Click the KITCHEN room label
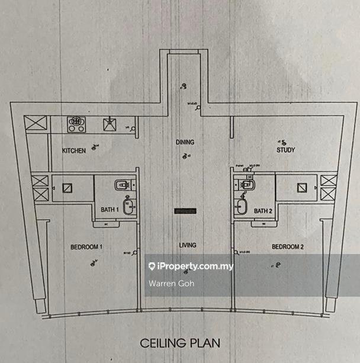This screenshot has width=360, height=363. click(x=74, y=151)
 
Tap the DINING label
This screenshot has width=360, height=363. click(x=185, y=142)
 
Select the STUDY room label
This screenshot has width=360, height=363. click(x=285, y=150)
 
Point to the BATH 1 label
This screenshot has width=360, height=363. click(x=110, y=210)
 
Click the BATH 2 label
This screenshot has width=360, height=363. click(x=263, y=211)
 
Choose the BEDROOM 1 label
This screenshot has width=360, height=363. click(x=87, y=247)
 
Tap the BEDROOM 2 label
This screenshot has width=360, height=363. click(x=288, y=247)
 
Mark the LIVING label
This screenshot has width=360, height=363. click(x=187, y=245)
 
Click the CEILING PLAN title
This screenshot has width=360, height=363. click(x=180, y=342)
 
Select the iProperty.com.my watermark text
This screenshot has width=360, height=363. click(x=195, y=266)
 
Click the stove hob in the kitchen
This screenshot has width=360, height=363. click(x=76, y=124)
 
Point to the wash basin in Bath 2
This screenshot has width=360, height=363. click(x=242, y=207)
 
